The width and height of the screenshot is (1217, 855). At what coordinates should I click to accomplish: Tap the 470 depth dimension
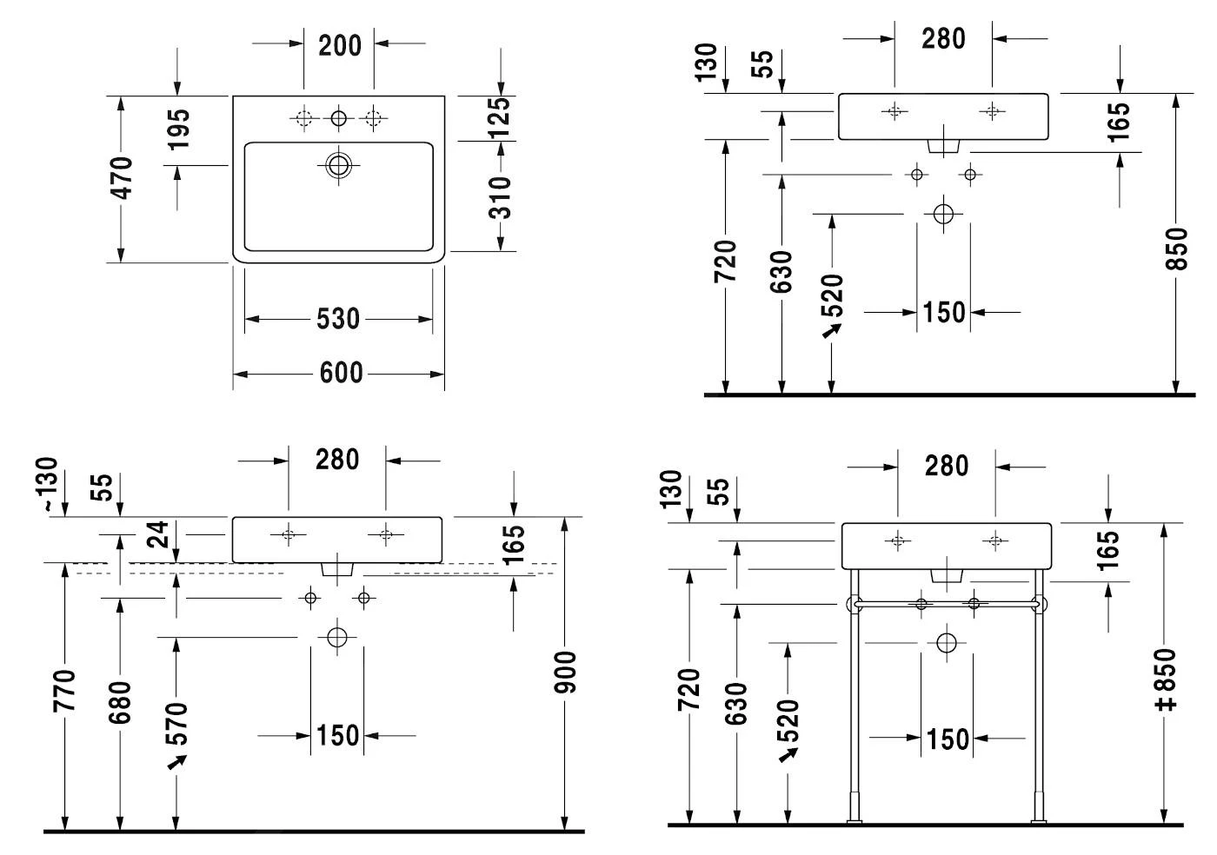coord(122,178)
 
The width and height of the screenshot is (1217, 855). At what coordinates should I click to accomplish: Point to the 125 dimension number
coord(499,116)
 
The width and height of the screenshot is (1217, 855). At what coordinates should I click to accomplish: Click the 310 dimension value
coord(500,197)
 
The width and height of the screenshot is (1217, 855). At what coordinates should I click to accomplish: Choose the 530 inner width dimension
coord(338,320)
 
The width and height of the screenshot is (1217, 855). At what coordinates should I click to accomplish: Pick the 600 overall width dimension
coord(341,374)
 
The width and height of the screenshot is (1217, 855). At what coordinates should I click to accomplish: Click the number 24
coord(156,534)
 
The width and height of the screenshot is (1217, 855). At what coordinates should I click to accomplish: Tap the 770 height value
coord(65,691)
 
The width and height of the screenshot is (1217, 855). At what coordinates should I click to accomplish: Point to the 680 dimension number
coord(120,702)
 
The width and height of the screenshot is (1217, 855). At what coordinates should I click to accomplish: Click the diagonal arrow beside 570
coord(177,762)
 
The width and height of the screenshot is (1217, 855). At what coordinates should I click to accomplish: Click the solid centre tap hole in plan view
coord(339,118)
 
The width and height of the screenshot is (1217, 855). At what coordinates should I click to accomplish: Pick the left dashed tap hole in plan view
coord(303,118)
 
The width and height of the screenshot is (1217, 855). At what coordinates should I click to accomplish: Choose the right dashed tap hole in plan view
coord(374,118)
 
